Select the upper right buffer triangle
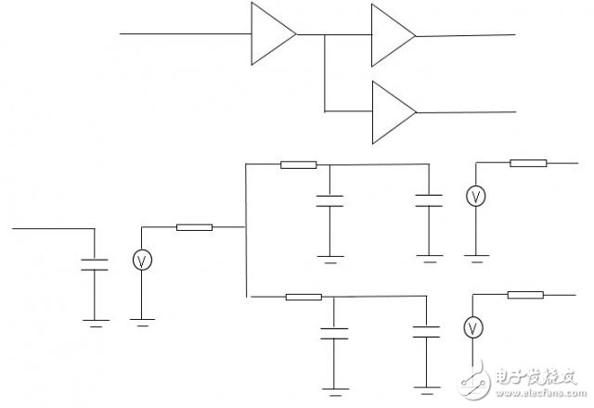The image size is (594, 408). (391, 35)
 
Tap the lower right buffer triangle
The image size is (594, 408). (391, 112)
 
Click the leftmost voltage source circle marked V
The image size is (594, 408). (142, 261)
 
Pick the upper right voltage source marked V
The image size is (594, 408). (475, 197)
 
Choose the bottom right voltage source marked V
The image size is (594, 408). (473, 326)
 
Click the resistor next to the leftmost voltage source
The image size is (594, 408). (194, 227)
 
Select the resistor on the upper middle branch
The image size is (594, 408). (298, 165)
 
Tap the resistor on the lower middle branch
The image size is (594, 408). (303, 298)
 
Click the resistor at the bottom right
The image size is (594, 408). (524, 295)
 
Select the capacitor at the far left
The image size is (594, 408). (95, 263)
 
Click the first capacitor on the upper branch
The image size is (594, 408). (326, 200)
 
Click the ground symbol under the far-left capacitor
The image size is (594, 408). (95, 322)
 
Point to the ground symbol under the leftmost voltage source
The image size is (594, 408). (142, 321)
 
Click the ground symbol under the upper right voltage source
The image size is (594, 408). (475, 259)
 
